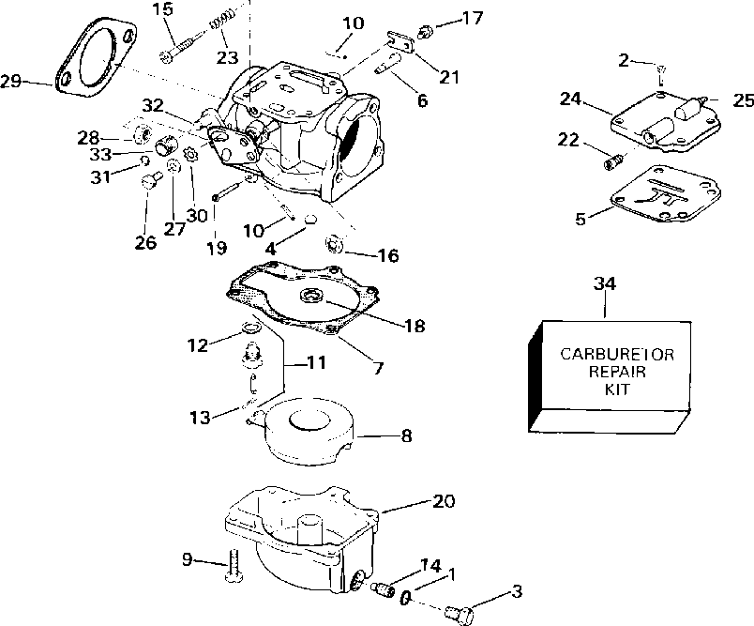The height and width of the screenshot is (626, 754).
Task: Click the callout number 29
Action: [x=11, y=82]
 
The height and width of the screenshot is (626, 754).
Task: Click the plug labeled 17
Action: [x=424, y=31]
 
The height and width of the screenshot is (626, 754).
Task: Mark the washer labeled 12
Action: [x=249, y=328]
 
